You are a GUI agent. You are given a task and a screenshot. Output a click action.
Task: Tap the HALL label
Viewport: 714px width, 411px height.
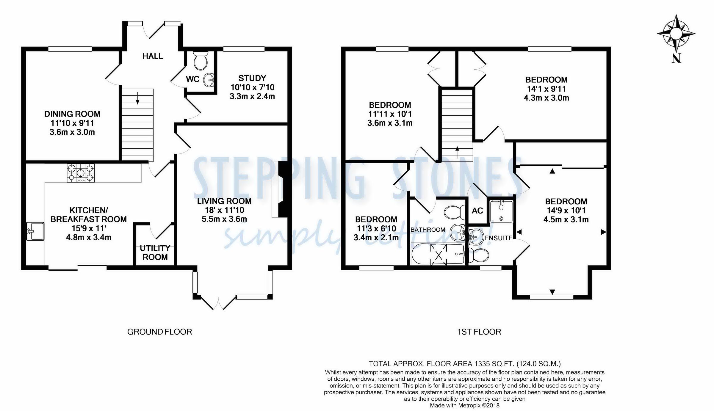(x=153, y=56)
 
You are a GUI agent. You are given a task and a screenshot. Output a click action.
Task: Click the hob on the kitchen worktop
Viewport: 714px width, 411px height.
(x=81, y=173)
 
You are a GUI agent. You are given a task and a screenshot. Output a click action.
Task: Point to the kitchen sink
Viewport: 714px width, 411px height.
(x=35, y=231)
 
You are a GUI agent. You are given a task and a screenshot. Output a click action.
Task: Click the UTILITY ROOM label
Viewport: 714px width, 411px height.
(x=155, y=252)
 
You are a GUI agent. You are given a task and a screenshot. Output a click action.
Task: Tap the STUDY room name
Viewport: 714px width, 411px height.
(x=252, y=78)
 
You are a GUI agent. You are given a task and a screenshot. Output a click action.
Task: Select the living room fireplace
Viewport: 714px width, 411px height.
(x=283, y=189)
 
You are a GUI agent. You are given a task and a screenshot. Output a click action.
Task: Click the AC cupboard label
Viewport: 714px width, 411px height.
(x=477, y=211)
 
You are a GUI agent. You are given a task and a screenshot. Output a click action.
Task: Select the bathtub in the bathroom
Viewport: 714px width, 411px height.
(x=438, y=254)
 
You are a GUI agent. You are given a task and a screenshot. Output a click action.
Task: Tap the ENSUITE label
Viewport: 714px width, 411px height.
(x=498, y=238)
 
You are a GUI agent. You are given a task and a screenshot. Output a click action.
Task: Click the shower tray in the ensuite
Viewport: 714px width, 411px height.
(x=502, y=212)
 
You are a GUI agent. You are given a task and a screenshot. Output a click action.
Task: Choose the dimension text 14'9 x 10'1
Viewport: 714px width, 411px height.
(x=566, y=211)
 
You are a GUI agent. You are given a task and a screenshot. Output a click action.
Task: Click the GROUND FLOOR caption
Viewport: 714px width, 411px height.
(x=159, y=332)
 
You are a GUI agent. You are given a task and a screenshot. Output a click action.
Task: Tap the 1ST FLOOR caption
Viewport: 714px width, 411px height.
(x=479, y=332)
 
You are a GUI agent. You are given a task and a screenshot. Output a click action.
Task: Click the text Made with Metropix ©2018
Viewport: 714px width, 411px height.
(x=464, y=405)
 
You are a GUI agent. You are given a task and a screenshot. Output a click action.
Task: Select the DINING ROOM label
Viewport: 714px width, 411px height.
(x=72, y=114)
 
